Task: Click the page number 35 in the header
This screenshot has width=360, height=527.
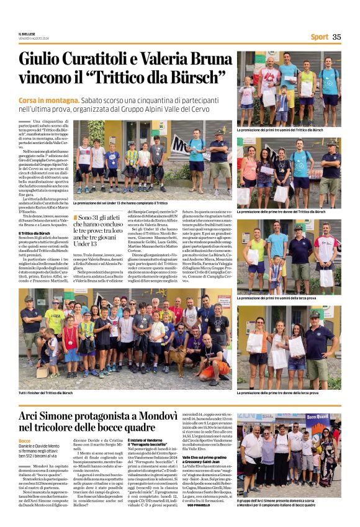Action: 336,37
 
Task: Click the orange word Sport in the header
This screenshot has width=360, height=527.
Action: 319,37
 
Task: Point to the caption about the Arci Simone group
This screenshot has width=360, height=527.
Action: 289,501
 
